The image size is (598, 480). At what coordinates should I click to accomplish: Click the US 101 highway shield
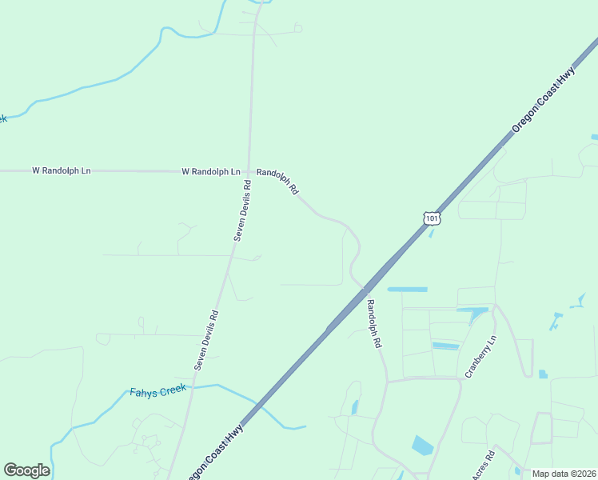coord(432,218)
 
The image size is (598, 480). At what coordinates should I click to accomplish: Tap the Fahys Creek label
coord(157,390)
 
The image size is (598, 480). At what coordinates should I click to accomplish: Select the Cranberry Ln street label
coord(481,357)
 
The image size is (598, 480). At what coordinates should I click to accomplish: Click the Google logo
coord(26,470)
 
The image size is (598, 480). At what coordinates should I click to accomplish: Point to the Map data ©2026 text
coord(564,474)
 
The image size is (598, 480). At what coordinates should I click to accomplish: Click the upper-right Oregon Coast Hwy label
coord(544,100)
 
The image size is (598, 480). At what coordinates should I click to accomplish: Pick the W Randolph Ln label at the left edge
coord(62,170)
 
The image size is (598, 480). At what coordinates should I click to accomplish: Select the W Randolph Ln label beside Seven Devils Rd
coord(211,171)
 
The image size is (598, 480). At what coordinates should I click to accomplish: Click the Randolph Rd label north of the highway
coord(277,182)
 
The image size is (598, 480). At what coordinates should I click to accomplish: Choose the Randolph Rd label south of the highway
coord(373,322)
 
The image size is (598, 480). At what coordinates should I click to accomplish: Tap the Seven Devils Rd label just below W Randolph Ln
coord(243,210)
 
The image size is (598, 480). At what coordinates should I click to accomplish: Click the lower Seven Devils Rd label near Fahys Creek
coord(205,339)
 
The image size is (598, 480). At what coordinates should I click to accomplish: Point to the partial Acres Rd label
coord(483,466)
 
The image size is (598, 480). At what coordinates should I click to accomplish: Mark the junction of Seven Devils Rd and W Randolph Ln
coord(249,171)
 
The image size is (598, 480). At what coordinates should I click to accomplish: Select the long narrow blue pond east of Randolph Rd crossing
coord(407,289)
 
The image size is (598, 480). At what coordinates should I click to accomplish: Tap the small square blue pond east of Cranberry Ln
coord(543,374)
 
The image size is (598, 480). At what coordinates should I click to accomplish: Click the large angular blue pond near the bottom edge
coord(421,446)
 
